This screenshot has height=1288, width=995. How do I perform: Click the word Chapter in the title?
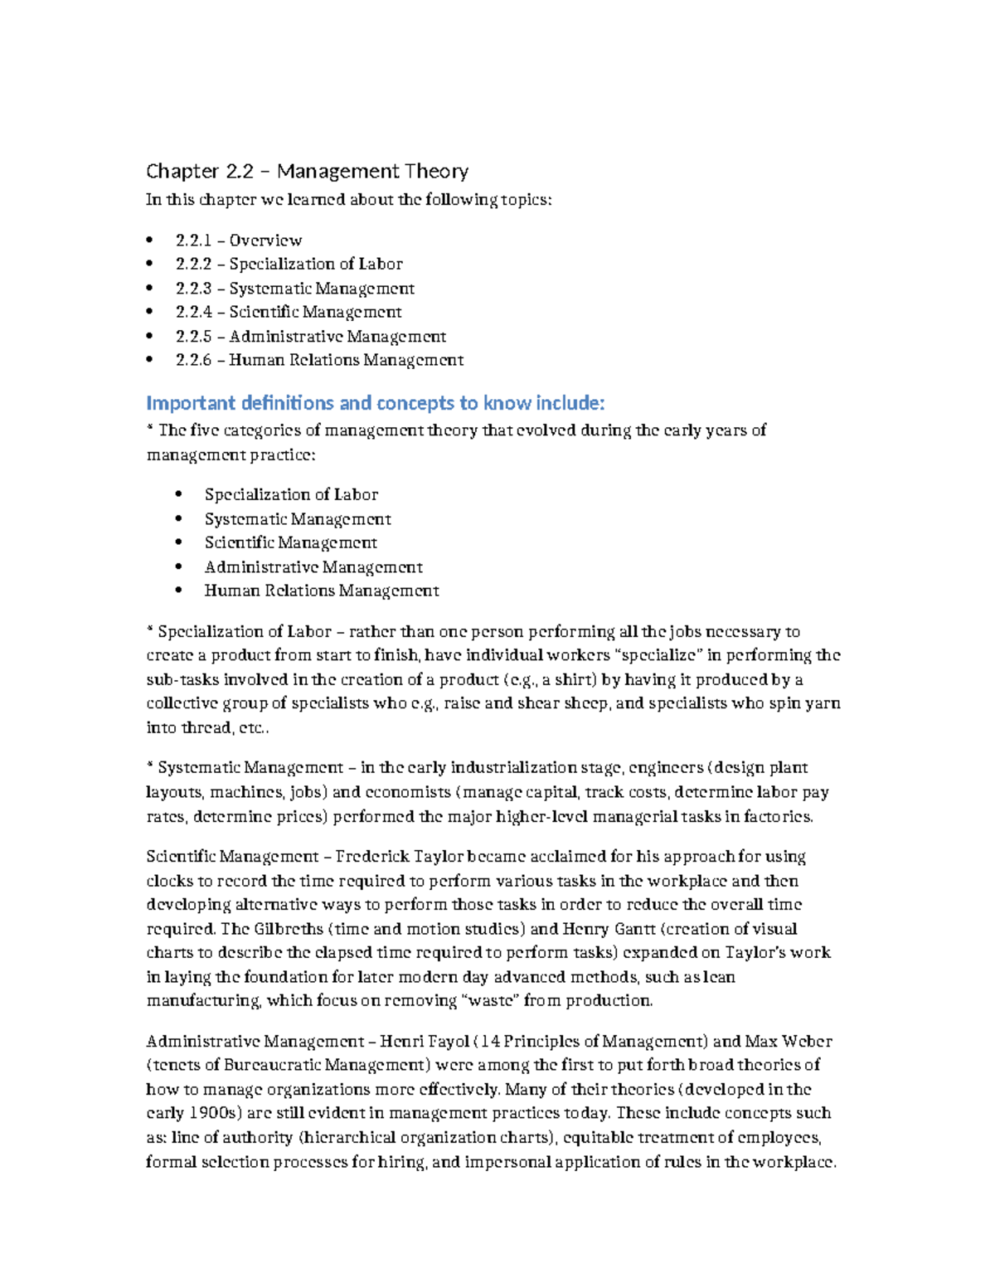pos(182,172)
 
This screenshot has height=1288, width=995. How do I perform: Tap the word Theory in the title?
pos(436,172)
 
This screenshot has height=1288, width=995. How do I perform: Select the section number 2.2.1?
pos(193,241)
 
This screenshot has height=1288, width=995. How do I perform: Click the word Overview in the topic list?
pos(265,241)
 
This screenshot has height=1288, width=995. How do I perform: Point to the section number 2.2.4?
pos(194,313)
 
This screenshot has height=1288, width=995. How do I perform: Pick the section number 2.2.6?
pos(194,361)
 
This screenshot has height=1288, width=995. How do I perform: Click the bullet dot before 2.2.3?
pos(149,289)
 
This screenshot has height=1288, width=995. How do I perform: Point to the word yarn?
pos(822,704)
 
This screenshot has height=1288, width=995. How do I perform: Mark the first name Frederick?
pos(372,857)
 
